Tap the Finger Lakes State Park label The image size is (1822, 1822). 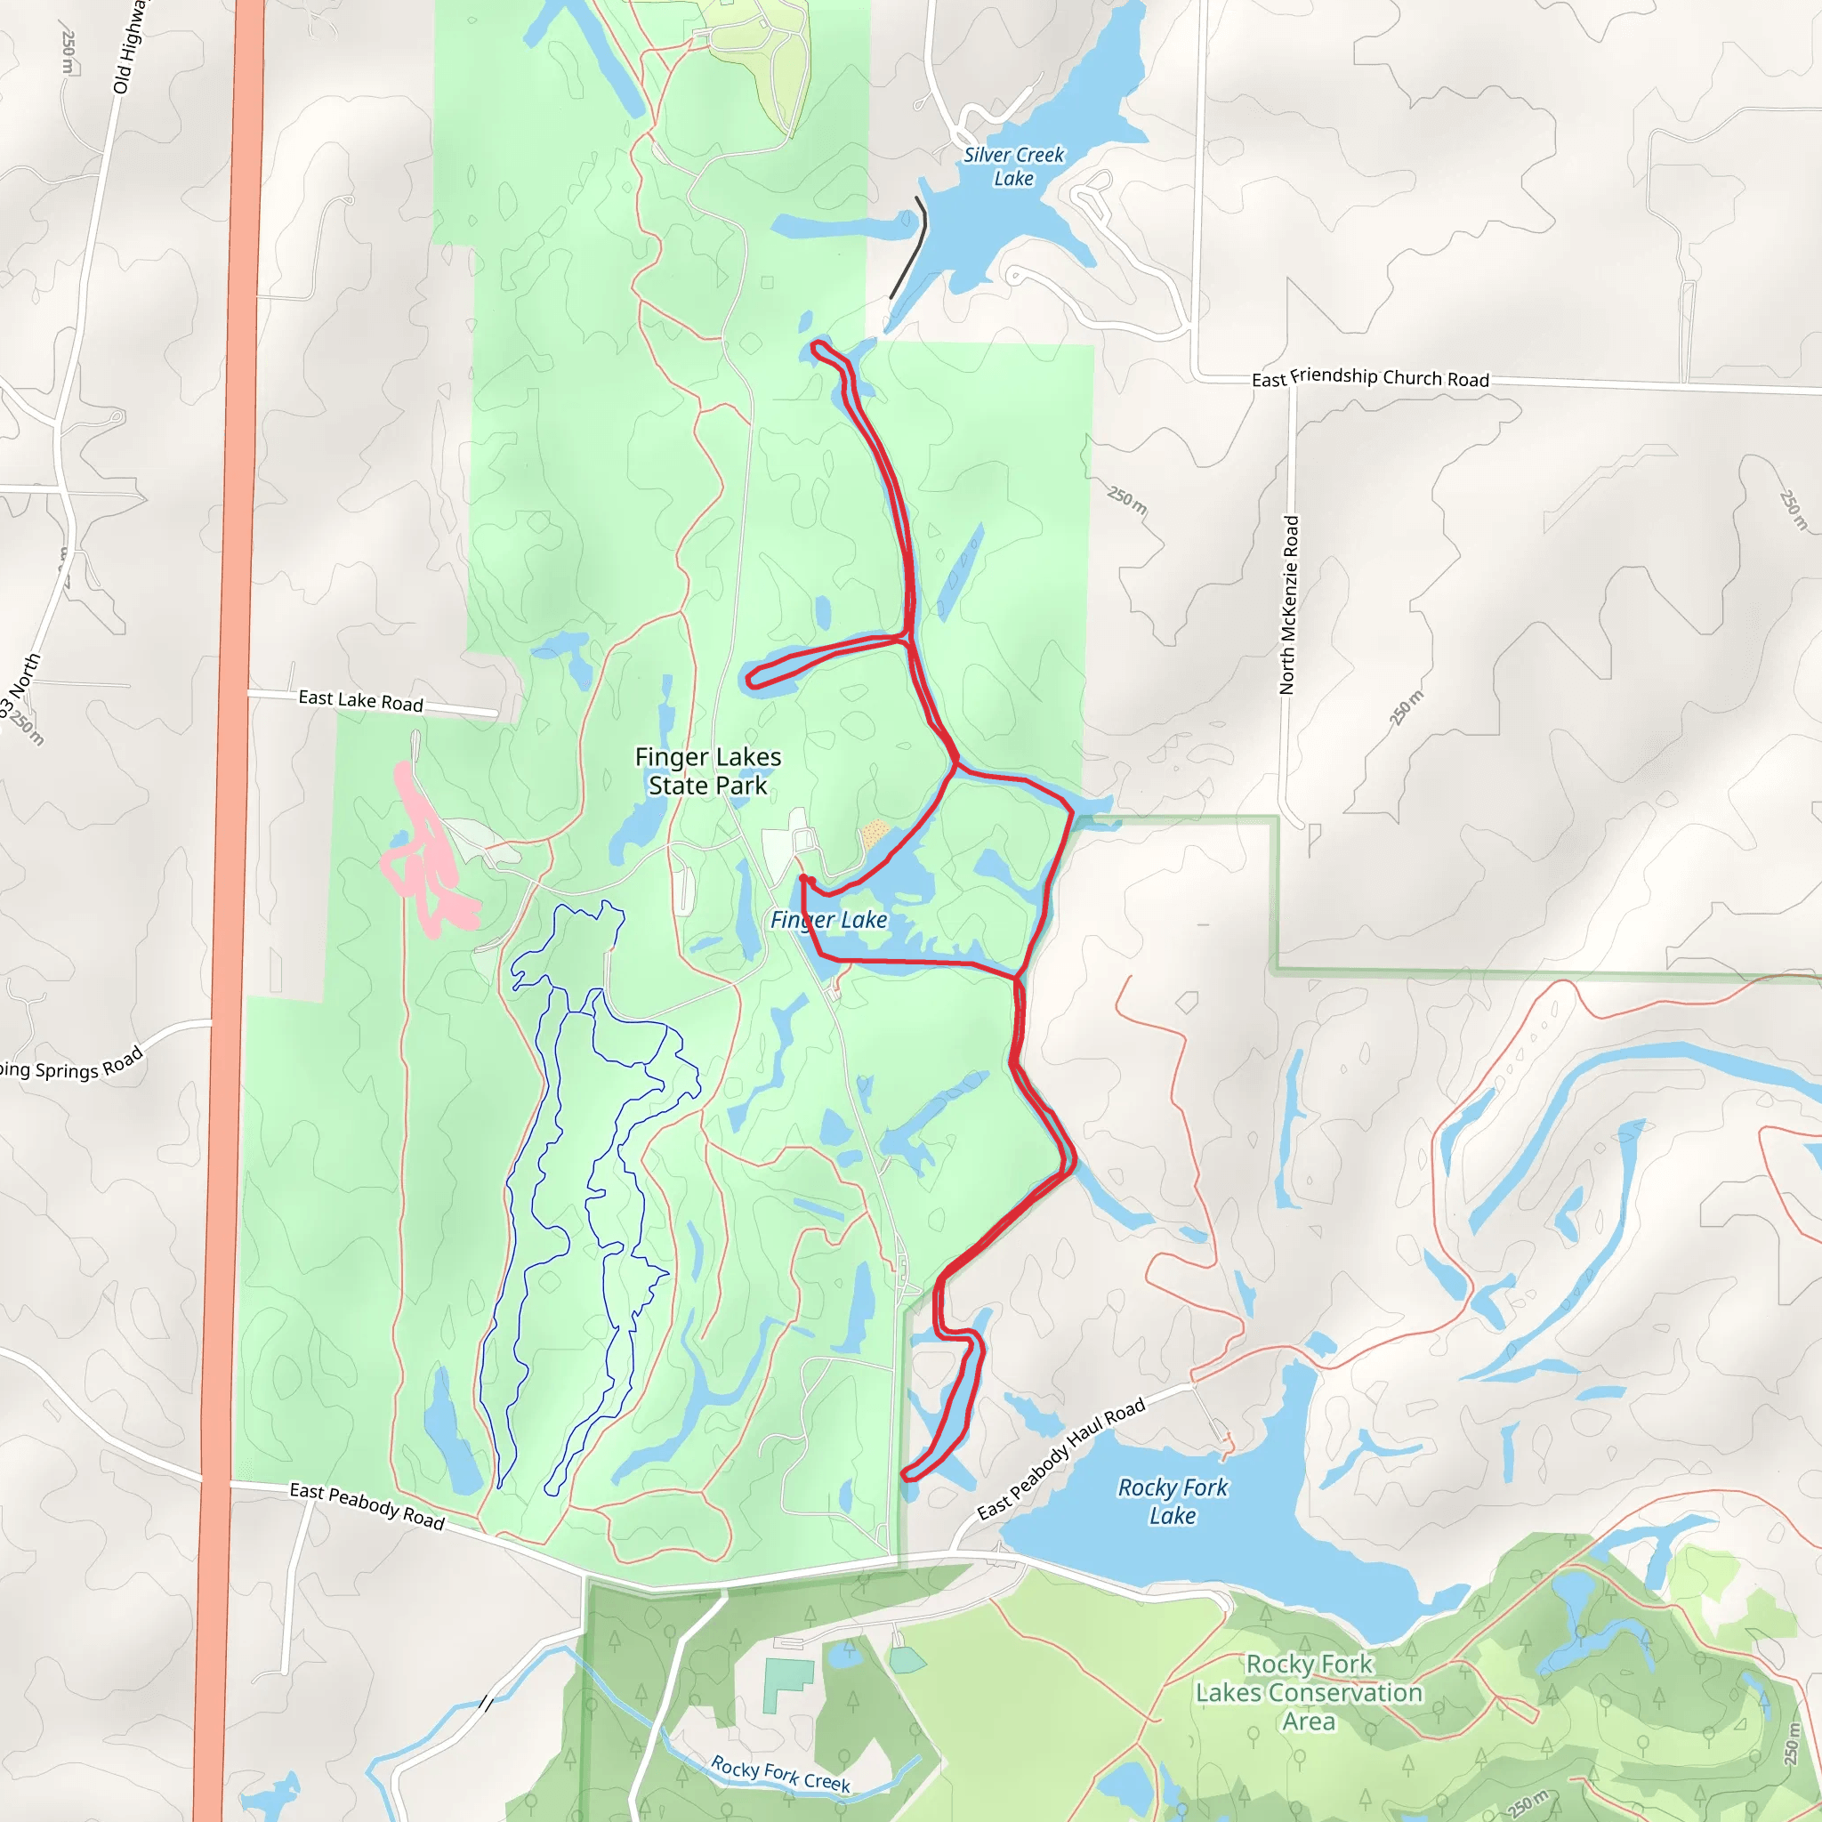[x=707, y=770]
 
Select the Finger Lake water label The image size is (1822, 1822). [x=828, y=920]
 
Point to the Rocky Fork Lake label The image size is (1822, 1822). [x=1173, y=1501]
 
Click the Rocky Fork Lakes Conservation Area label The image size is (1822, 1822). [x=1308, y=1692]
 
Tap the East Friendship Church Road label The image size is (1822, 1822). [x=1369, y=377]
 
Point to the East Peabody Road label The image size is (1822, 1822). [x=366, y=1505]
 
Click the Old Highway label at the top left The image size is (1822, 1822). [x=128, y=47]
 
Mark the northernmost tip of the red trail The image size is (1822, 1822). [x=816, y=348]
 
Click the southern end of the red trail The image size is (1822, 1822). [x=905, y=1475]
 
